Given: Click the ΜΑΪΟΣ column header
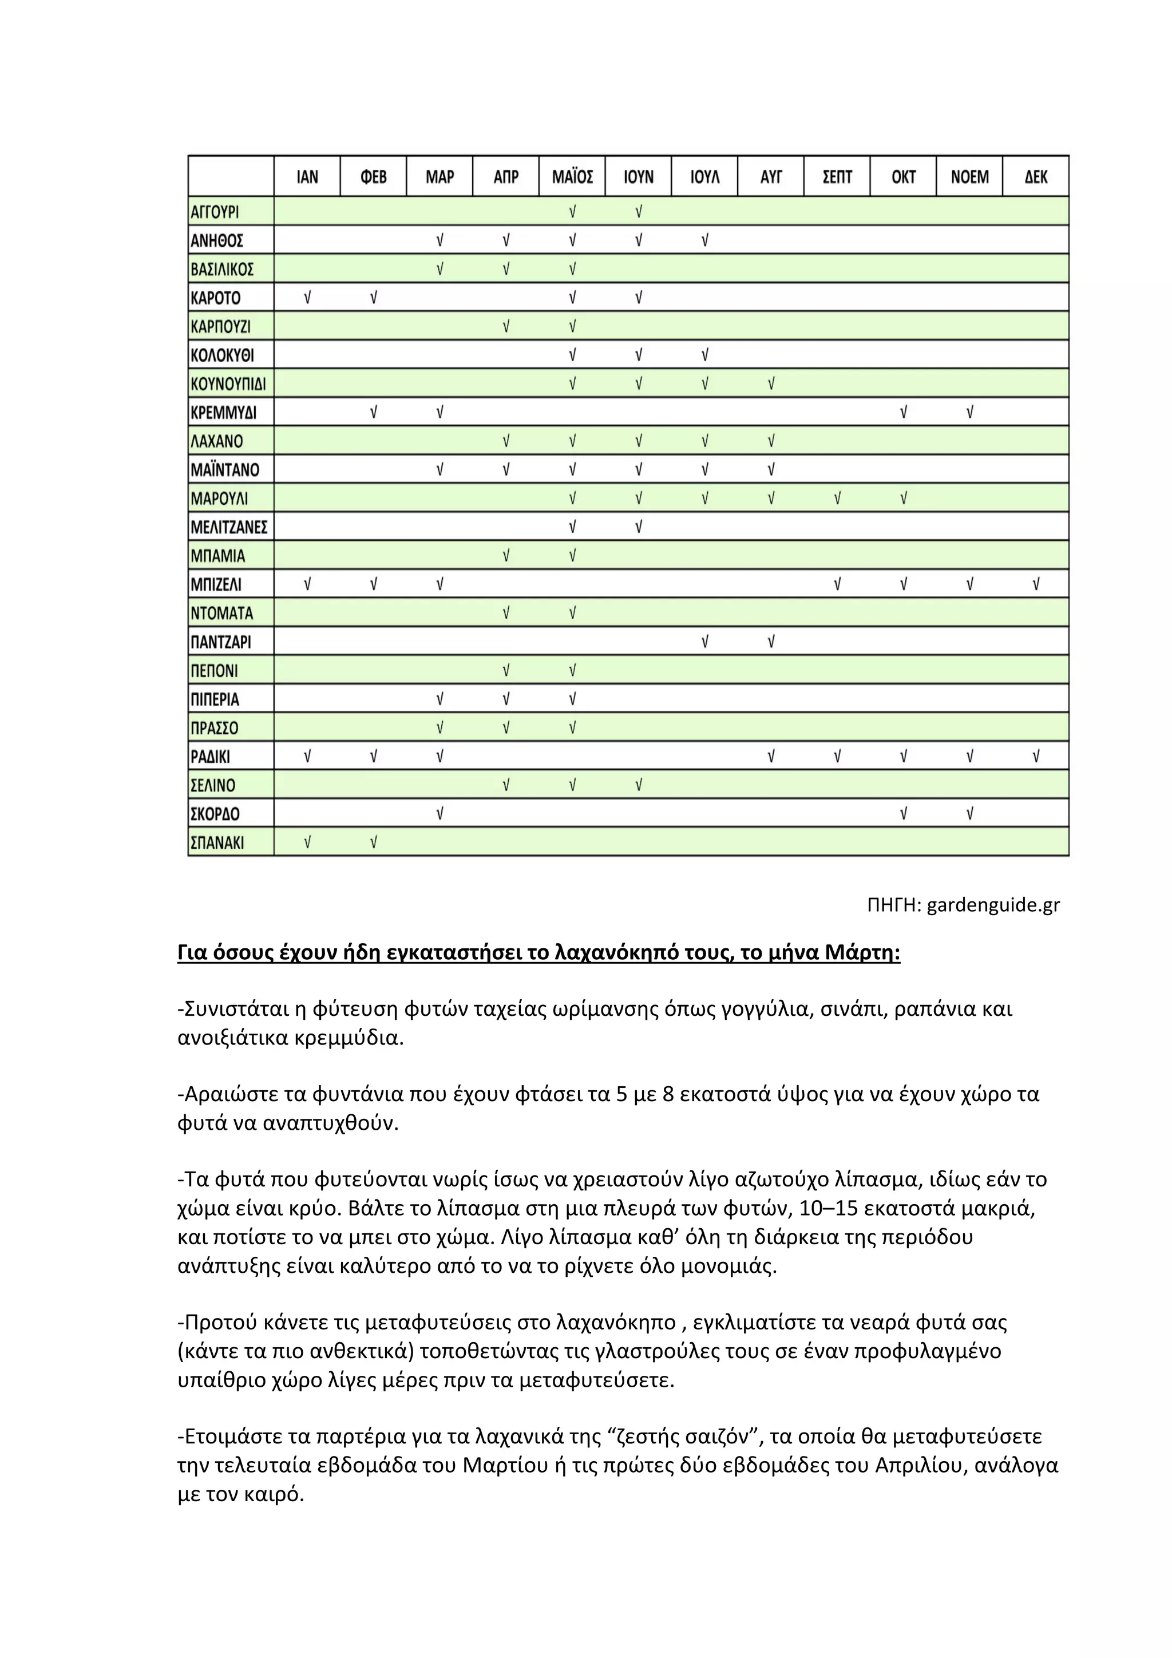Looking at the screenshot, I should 572,177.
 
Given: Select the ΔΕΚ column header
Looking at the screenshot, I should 1036,177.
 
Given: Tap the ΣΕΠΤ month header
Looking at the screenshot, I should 837,177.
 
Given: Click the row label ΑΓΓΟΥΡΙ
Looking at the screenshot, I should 215,212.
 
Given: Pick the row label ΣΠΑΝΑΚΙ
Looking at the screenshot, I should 217,842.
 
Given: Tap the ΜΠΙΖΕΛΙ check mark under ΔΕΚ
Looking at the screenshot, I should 1036,584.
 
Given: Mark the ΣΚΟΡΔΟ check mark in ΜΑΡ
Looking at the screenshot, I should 439,814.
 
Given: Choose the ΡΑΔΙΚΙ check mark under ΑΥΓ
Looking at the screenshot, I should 770,756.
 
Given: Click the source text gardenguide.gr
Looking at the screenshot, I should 993,905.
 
